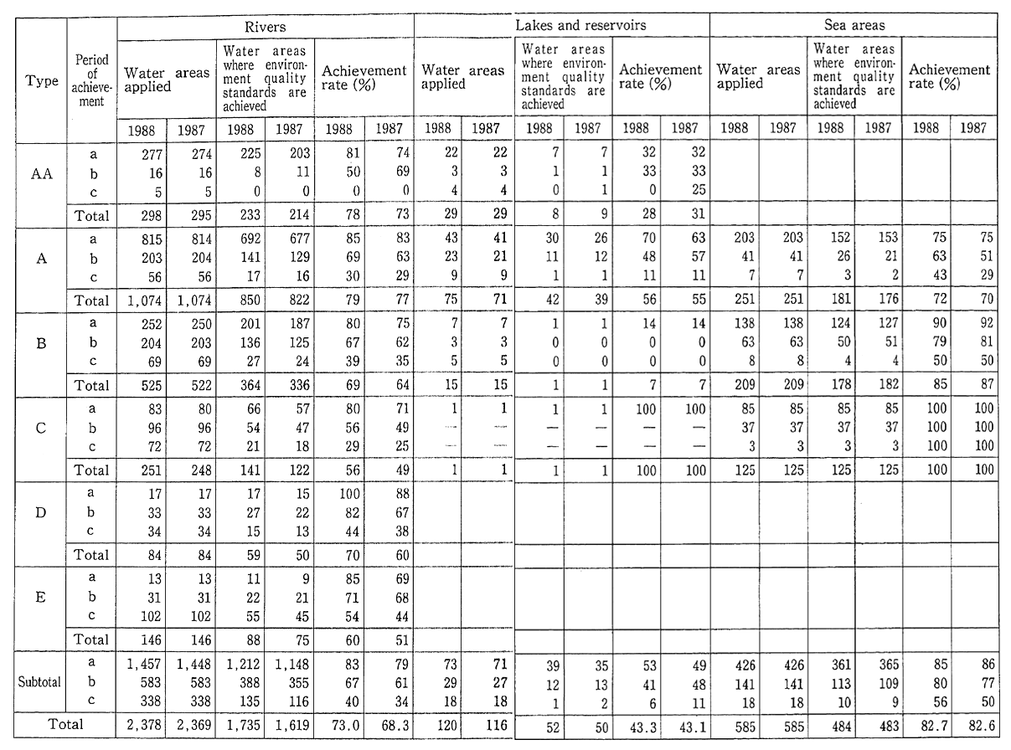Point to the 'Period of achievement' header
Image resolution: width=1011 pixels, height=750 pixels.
click(x=92, y=81)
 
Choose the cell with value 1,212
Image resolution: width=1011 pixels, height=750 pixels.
click(x=243, y=665)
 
